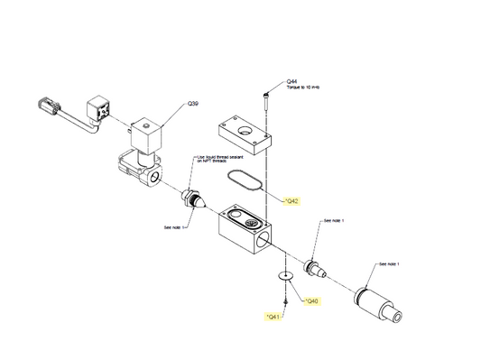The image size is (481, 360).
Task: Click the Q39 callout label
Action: [x=192, y=105]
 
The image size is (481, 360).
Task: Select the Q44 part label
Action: [x=291, y=81]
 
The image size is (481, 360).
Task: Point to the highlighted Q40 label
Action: [x=310, y=300]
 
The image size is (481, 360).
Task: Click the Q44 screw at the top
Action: [x=268, y=94]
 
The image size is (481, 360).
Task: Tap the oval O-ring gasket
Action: [x=244, y=178]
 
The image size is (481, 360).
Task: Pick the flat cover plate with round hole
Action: [x=244, y=132]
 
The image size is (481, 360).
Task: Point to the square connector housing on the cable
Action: [x=99, y=113]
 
